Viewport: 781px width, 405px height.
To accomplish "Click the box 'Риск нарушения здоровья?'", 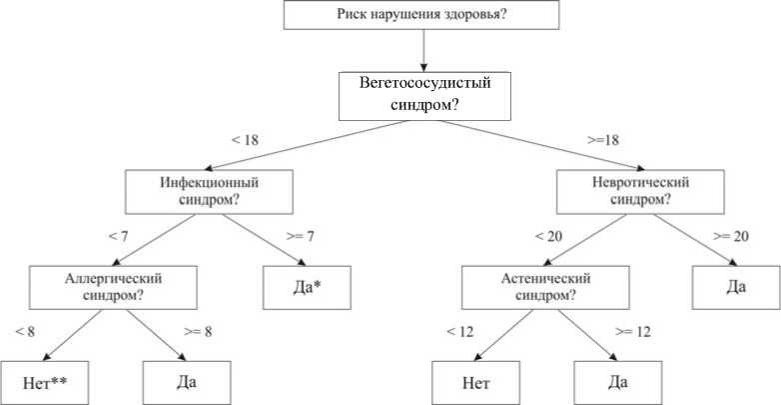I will tap(423, 15).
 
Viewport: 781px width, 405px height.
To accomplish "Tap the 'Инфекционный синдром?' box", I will tap(210, 192).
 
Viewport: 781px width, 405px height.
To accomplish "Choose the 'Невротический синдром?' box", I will tap(639, 192).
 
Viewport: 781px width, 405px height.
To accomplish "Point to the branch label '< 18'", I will tap(246, 141).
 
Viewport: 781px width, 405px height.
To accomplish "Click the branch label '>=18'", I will tap(606, 141).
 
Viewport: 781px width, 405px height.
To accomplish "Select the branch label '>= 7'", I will tap(299, 237).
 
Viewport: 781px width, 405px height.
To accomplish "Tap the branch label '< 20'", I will tap(550, 237).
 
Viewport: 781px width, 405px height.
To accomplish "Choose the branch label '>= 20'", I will tap(731, 237).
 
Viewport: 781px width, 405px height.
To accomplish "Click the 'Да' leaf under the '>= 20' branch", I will tap(737, 287).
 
